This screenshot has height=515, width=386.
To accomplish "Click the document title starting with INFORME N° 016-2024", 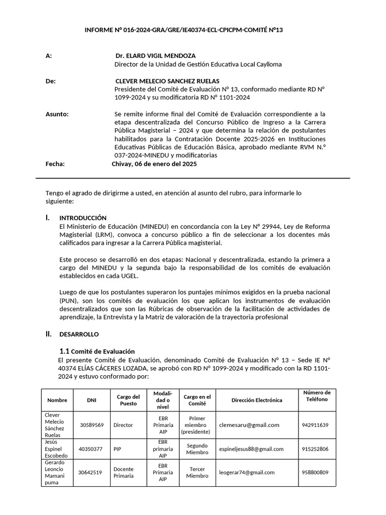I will coord(184,30).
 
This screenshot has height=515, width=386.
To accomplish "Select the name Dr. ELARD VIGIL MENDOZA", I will coord(155,56).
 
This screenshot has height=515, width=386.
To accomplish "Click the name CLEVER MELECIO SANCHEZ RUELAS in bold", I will coord(167,81).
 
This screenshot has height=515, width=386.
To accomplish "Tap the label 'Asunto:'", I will coord(57,114).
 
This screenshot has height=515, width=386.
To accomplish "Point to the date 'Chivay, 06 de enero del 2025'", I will coord(154,164).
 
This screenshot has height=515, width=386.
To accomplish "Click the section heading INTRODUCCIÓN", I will coord(83,218).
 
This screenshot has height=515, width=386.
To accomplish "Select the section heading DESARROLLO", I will coord(79,334).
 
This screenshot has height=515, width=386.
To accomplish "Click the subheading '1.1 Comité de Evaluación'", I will coord(97,351).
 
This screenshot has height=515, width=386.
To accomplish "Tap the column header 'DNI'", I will coord(91,400).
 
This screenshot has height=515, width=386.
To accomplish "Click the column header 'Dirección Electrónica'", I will coord(257,400).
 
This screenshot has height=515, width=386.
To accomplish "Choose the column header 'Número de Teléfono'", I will coord(316,396).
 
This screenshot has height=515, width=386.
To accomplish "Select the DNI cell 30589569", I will coord(91,425).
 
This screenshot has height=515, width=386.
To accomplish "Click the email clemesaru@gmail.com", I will coord(249,425).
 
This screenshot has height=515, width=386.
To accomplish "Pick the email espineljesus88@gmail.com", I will coord(251,449).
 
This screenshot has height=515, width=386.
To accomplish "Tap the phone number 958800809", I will coord(315,473).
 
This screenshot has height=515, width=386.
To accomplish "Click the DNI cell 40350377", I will coord(91,449).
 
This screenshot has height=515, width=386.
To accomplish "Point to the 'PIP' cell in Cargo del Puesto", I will coord(117,449).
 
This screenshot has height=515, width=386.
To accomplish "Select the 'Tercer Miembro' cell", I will coord(197,473).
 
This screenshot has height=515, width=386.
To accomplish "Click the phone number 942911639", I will coord(315,425).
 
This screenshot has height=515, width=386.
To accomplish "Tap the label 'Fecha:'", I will coord(55,164).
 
